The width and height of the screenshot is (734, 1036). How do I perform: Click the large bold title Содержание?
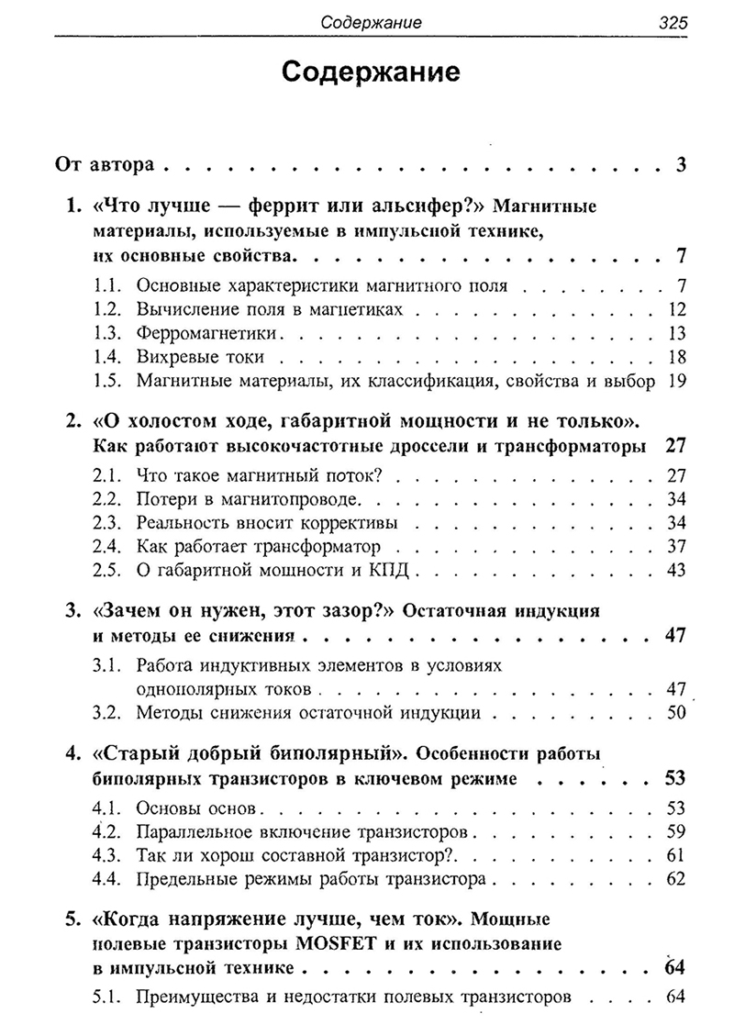371,73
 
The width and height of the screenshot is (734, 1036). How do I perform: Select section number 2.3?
108,524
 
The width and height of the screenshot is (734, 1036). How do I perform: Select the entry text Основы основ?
197,809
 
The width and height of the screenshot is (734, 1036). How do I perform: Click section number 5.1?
108,995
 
